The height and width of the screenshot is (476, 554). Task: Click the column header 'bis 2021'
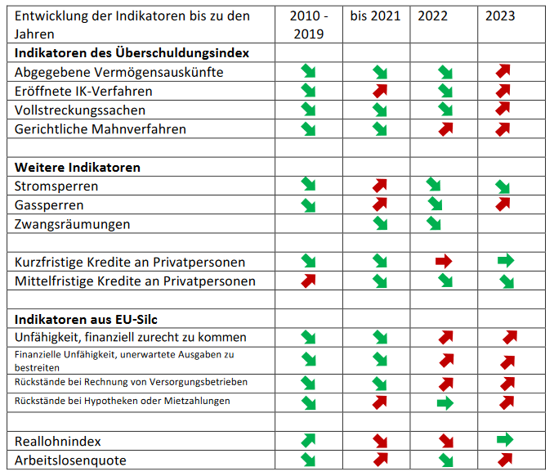tap(375, 16)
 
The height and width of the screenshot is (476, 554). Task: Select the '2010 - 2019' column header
tap(309, 25)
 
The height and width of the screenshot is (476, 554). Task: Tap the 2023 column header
tap(500, 16)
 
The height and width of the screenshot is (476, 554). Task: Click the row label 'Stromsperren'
tap(56, 186)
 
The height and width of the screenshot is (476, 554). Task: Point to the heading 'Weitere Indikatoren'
tap(78, 168)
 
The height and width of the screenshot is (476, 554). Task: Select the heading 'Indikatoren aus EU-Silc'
tap(86, 319)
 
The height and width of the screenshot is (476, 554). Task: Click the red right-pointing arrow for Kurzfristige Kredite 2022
tap(444, 262)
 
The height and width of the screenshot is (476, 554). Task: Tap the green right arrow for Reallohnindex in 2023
tap(505, 439)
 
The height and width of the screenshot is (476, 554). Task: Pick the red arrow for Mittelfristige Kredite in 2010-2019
tap(308, 281)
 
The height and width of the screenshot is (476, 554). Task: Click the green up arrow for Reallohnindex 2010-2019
tap(308, 441)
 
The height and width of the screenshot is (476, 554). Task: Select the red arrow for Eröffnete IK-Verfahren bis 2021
tap(380, 92)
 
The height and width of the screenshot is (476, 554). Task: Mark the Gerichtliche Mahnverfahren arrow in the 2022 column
tap(446, 129)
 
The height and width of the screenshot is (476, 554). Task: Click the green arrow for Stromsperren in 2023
tap(503, 186)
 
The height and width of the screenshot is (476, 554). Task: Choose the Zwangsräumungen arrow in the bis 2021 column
tap(380, 223)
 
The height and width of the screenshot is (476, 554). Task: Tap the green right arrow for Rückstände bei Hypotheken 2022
tap(445, 402)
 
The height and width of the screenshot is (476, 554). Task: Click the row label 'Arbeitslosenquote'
tap(70, 460)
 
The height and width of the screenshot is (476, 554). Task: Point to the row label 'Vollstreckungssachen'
tap(80, 110)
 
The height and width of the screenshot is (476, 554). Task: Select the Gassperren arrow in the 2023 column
tap(503, 204)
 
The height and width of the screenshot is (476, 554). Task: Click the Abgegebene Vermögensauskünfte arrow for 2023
tap(503, 71)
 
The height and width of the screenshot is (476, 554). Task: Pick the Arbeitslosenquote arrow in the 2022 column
tap(446, 460)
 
